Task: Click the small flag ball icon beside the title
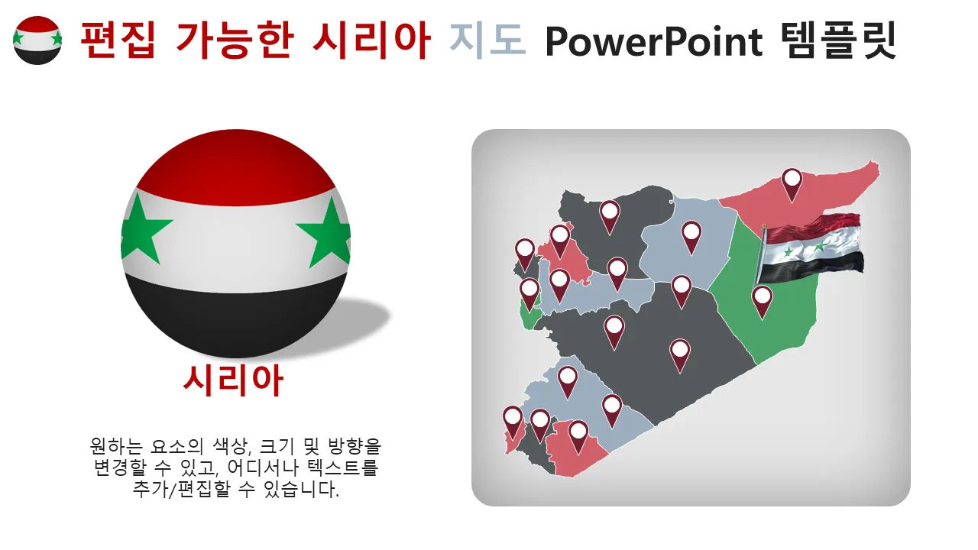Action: pyautogui.click(x=37, y=40)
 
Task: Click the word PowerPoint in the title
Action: pyautogui.click(x=653, y=41)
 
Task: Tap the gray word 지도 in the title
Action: pyautogui.click(x=487, y=40)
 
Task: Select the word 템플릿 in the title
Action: pyautogui.click(x=838, y=40)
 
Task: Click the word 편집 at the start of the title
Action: pyautogui.click(x=118, y=40)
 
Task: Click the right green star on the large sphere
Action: pyautogui.click(x=326, y=232)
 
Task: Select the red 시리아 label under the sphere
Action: pyautogui.click(x=234, y=380)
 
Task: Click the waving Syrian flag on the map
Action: pyautogui.click(x=810, y=249)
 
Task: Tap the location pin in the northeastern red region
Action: pyautogui.click(x=792, y=185)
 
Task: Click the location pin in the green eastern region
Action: pyautogui.click(x=762, y=302)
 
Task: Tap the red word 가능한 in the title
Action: pyautogui.click(x=235, y=40)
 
